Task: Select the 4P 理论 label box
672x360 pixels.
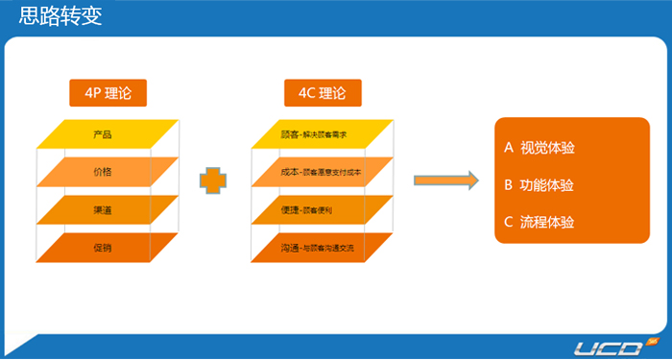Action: (x=108, y=93)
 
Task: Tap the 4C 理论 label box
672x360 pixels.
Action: (x=323, y=93)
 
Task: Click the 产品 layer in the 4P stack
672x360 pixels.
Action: (x=108, y=133)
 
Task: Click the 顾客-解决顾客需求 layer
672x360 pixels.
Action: (x=323, y=133)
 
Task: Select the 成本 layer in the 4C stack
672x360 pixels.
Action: (x=323, y=172)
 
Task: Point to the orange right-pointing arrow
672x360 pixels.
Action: (x=446, y=180)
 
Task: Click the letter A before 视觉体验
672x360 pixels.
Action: (x=509, y=148)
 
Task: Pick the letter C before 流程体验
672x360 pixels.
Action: (x=509, y=223)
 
